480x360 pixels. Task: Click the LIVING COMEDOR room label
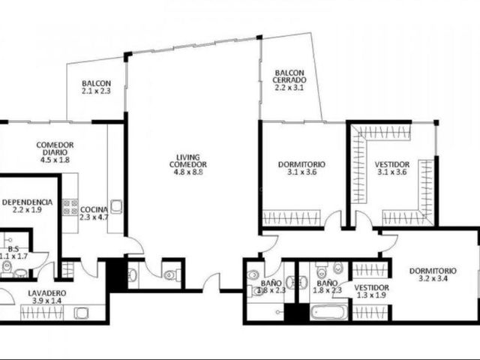(x=188, y=160)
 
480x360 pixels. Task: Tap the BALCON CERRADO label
(x=289, y=76)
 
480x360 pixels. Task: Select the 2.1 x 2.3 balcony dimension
(x=96, y=91)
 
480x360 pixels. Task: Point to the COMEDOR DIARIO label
(x=55, y=148)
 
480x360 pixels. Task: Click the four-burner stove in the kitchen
(x=70, y=207)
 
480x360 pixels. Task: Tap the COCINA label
(x=94, y=210)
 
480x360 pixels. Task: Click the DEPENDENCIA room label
(x=27, y=202)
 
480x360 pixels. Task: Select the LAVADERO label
(x=46, y=293)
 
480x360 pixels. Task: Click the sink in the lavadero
(x=81, y=313)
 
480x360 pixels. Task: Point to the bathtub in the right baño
(x=329, y=313)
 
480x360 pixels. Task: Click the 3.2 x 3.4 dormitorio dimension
(x=433, y=278)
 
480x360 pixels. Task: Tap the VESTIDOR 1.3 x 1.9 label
(x=371, y=292)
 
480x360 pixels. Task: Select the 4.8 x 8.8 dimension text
(x=188, y=172)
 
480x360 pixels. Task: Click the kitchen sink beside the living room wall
(x=116, y=206)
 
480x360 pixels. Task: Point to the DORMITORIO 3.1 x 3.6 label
(x=301, y=168)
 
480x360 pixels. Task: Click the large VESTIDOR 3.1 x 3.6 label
(x=391, y=168)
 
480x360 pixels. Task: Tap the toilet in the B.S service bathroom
(x=7, y=267)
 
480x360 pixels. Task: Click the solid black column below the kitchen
(x=117, y=275)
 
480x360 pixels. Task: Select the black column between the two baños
(x=297, y=313)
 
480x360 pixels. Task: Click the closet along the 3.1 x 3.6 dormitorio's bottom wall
(x=292, y=218)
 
